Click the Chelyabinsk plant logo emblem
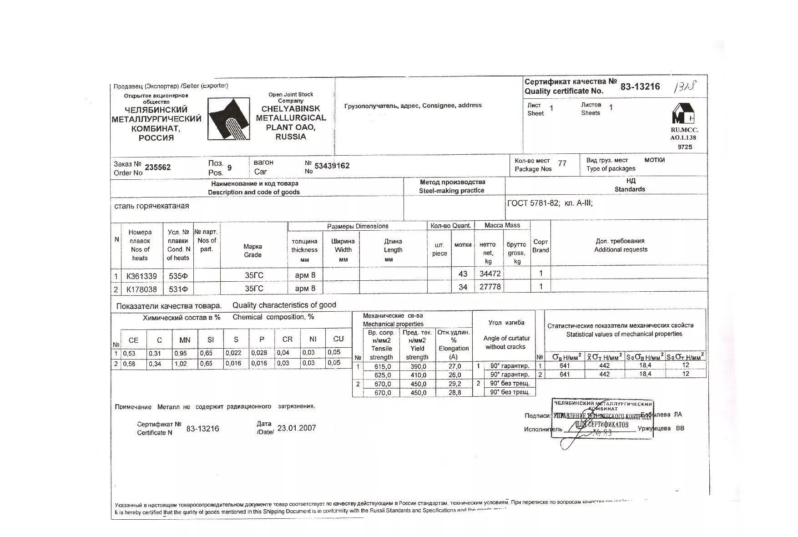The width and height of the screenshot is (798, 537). pyautogui.click(x=228, y=119)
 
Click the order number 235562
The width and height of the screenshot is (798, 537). pyautogui.click(x=157, y=167)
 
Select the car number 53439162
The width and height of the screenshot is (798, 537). pyautogui.click(x=332, y=166)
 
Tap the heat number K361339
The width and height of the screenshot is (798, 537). pyautogui.click(x=141, y=276)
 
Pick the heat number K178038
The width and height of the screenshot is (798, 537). pyautogui.click(x=141, y=289)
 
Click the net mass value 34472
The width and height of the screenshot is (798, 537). pyautogui.click(x=490, y=274)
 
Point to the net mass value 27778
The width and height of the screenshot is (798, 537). pyautogui.click(x=490, y=287)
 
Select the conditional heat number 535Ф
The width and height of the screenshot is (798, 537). pyautogui.click(x=178, y=276)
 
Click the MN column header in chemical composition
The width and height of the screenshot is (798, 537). pyautogui.click(x=185, y=340)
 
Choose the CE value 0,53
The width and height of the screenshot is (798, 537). pyautogui.click(x=129, y=353)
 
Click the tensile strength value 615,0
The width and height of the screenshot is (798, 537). pyautogui.click(x=383, y=366)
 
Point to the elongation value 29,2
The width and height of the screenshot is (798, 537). pyautogui.click(x=455, y=384)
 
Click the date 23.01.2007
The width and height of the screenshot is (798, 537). pyautogui.click(x=296, y=428)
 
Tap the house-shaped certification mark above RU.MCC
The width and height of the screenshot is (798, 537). pyautogui.click(x=683, y=114)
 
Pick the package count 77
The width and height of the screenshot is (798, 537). pyautogui.click(x=562, y=163)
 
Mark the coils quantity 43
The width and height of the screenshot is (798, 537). pyautogui.click(x=463, y=274)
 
